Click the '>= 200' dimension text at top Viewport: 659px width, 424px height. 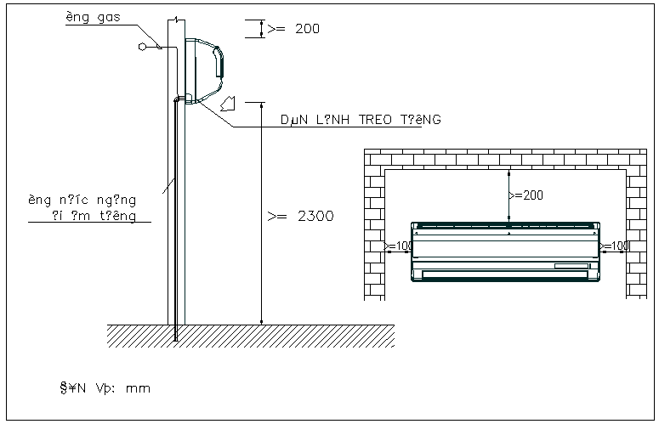(x=294, y=28)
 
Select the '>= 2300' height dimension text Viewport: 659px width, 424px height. (x=300, y=216)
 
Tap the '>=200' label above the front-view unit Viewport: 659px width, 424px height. (x=525, y=195)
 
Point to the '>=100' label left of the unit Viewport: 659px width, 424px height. (x=398, y=246)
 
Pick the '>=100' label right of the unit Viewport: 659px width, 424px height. (x=614, y=246)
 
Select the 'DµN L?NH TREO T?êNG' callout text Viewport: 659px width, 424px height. (x=361, y=121)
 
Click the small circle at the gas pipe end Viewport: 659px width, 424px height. (x=142, y=47)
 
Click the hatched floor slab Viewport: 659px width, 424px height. (x=251, y=335)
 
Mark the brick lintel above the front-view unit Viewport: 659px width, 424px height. (x=506, y=158)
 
